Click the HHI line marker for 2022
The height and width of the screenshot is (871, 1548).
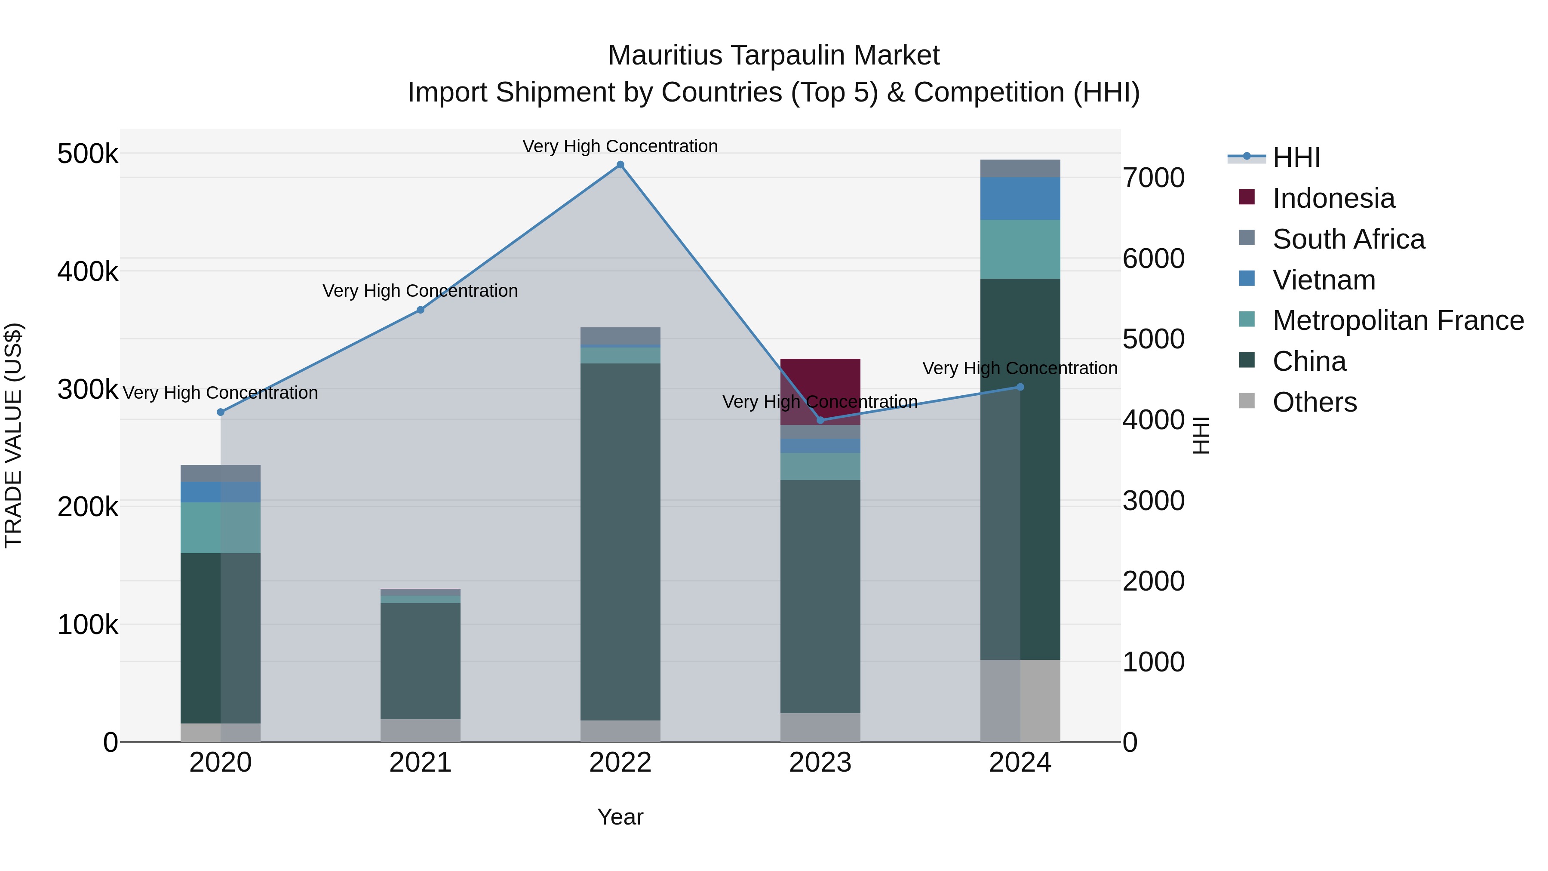(620, 165)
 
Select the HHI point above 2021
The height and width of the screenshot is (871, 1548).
(421, 310)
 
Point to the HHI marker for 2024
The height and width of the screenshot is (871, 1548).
(1020, 387)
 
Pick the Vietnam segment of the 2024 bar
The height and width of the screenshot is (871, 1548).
(1020, 198)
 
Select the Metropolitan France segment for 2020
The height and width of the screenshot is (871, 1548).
(221, 527)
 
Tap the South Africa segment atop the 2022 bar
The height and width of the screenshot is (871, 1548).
(620, 335)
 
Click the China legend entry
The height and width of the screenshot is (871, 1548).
(1309, 361)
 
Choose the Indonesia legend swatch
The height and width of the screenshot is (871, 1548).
(1247, 197)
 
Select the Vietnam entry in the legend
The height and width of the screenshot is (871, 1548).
(1324, 280)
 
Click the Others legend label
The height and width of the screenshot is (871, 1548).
(1314, 402)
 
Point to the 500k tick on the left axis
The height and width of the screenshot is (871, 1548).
(88, 154)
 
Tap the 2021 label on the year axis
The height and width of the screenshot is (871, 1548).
(420, 762)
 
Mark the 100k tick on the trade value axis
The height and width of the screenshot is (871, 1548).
(88, 625)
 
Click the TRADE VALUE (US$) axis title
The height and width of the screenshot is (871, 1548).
(13, 435)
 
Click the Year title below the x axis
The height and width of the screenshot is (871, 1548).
(620, 816)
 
